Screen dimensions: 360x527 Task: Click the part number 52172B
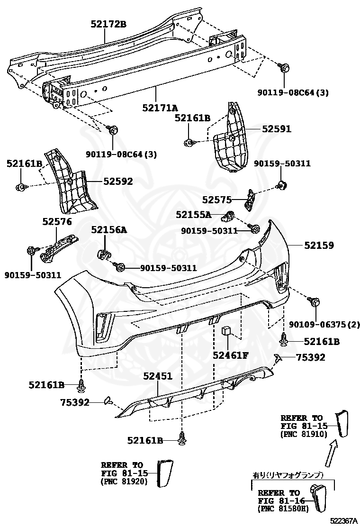[x=108, y=24]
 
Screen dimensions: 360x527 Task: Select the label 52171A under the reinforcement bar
[x=160, y=108]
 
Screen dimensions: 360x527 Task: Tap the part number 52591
[x=277, y=129]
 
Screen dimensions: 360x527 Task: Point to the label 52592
[x=118, y=181]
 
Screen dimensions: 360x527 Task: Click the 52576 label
[x=57, y=221]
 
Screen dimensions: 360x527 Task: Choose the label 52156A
[x=109, y=229]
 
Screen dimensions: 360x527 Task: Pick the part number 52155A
[x=193, y=214]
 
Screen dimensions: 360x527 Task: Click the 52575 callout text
[x=216, y=200]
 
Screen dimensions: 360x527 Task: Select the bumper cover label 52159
[x=319, y=245]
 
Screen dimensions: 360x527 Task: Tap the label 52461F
[x=231, y=355]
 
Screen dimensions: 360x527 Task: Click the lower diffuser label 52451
[x=158, y=376]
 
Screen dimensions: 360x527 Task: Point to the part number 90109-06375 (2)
[x=324, y=324]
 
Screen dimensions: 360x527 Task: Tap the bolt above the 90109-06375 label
[x=315, y=301]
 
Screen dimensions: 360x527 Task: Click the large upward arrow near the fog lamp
[x=331, y=454]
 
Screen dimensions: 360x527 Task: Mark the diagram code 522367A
[x=343, y=521]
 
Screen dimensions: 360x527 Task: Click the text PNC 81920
[x=124, y=482]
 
